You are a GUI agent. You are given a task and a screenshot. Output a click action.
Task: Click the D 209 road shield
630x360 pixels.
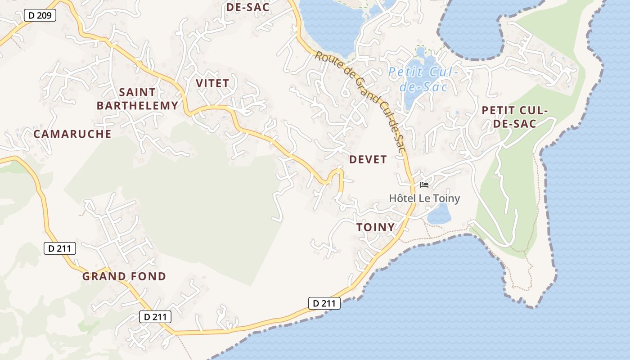click(39, 16)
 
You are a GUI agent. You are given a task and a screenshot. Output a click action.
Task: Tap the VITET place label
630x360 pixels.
click(212, 83)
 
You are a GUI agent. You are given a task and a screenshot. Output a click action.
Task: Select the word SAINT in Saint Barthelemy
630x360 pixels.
click(137, 92)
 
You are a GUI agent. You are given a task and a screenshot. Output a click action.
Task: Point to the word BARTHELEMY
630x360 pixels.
click(137, 106)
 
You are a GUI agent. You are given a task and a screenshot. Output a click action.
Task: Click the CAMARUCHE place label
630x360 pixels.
click(72, 134)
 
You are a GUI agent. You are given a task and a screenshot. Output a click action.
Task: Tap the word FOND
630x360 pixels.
click(149, 276)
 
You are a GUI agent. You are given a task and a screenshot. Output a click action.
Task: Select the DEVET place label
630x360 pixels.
click(368, 159)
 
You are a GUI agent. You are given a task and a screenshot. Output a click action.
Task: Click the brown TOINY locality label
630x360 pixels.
click(375, 228)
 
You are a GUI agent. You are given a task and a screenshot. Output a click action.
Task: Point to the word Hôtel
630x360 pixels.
click(403, 198)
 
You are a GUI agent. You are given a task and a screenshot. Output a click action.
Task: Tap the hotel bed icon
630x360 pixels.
click(424, 184)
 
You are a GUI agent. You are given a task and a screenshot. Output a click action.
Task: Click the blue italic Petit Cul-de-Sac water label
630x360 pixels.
click(423, 79)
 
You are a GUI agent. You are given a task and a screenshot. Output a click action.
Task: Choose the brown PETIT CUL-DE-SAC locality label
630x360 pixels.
click(515, 117)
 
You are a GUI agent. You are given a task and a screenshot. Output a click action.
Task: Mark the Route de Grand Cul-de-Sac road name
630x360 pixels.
click(360, 101)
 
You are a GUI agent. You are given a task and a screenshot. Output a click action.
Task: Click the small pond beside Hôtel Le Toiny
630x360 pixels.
click(439, 214)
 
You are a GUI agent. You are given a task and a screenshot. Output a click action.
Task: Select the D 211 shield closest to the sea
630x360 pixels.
click(324, 303)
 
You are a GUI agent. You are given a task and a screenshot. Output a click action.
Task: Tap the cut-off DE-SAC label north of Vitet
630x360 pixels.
click(247, 7)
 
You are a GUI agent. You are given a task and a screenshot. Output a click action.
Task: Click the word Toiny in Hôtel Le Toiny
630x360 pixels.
click(445, 198)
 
